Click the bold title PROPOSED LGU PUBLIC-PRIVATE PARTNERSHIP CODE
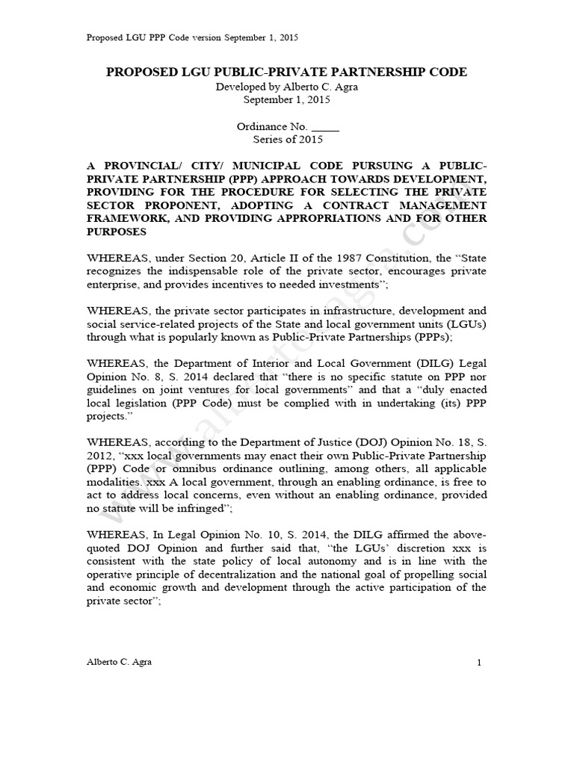[x=287, y=72]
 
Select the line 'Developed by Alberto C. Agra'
[x=287, y=87]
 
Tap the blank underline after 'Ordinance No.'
[x=324, y=127]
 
